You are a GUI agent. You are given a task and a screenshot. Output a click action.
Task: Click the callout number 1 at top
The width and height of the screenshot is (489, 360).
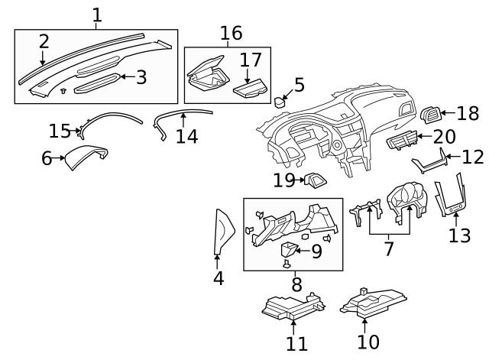(96, 14)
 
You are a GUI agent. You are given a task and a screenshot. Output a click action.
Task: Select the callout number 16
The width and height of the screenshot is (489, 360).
(231, 33)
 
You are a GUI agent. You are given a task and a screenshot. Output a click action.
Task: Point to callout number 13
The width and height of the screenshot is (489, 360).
(459, 235)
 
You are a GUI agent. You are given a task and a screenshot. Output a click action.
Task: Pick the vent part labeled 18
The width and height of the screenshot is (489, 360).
(432, 115)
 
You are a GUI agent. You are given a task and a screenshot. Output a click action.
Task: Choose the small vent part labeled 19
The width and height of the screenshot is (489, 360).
(313, 180)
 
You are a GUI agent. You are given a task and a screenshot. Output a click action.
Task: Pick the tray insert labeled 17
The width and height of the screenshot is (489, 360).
(248, 89)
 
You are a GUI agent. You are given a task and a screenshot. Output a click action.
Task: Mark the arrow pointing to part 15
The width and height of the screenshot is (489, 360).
(79, 131)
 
